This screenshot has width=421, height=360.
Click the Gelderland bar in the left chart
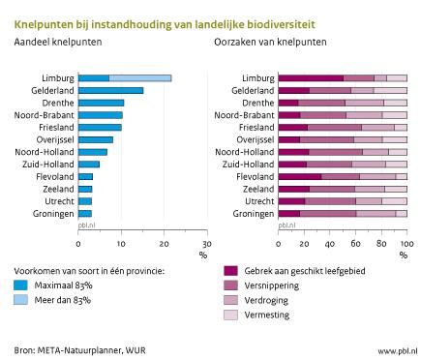point(110,90)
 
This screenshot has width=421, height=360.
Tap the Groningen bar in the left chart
point(84,213)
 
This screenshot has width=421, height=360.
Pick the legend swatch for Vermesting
point(230,315)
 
